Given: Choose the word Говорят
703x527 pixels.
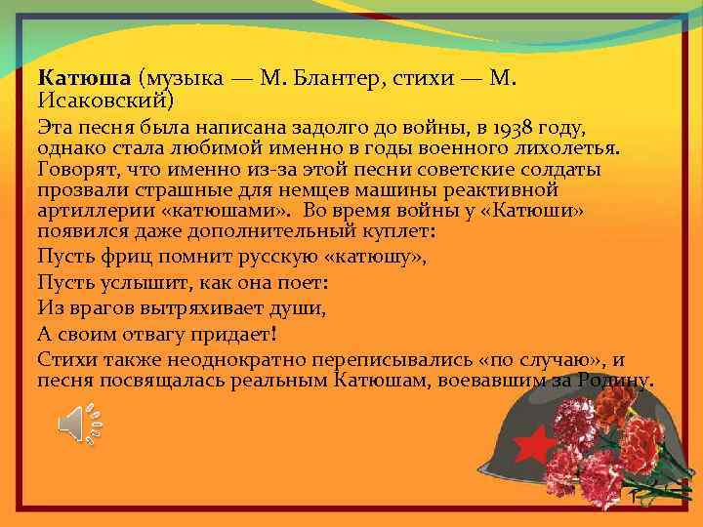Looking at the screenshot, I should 76,169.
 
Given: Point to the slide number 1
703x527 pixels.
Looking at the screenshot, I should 633,499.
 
